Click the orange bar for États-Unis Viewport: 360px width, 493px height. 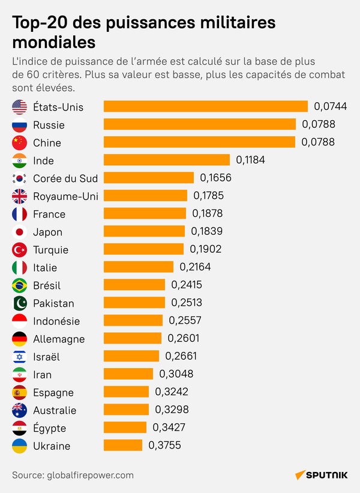(x=206, y=107)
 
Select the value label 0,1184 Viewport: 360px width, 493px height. (x=250, y=160)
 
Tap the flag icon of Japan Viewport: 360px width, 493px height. (x=20, y=232)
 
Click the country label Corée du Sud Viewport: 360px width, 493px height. (x=65, y=178)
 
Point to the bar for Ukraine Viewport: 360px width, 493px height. (x=123, y=446)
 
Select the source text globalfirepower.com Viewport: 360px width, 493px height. (x=90, y=475)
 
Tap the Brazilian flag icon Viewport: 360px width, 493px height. (x=20, y=285)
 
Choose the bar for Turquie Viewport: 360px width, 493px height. (x=143, y=250)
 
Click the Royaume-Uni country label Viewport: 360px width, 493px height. (x=65, y=196)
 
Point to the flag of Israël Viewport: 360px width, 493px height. (x=20, y=357)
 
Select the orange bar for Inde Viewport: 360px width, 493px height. (x=167, y=160)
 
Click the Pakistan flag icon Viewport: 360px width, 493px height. (x=20, y=303)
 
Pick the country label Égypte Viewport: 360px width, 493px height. (x=50, y=428)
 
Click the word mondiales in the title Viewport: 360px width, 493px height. (x=53, y=43)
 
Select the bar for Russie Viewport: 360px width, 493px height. (x=200, y=125)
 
